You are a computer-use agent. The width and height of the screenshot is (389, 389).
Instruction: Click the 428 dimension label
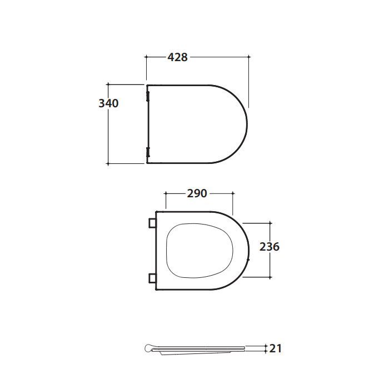point(177,57)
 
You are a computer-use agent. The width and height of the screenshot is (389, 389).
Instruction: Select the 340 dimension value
point(108,103)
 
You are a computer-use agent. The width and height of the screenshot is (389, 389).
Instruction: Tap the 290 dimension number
point(197,193)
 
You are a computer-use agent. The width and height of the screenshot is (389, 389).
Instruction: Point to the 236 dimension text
point(270,247)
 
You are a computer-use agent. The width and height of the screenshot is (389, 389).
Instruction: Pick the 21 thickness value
point(276,348)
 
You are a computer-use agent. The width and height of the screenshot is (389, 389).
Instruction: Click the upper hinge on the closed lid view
point(148,96)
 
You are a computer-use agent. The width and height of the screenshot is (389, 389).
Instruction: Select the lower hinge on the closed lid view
point(148,152)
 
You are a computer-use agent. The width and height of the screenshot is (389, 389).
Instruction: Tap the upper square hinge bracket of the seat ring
point(152,223)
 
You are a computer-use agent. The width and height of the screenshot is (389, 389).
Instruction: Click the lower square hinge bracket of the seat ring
point(152,278)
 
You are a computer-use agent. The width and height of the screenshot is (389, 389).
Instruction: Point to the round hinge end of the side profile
point(148,348)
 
